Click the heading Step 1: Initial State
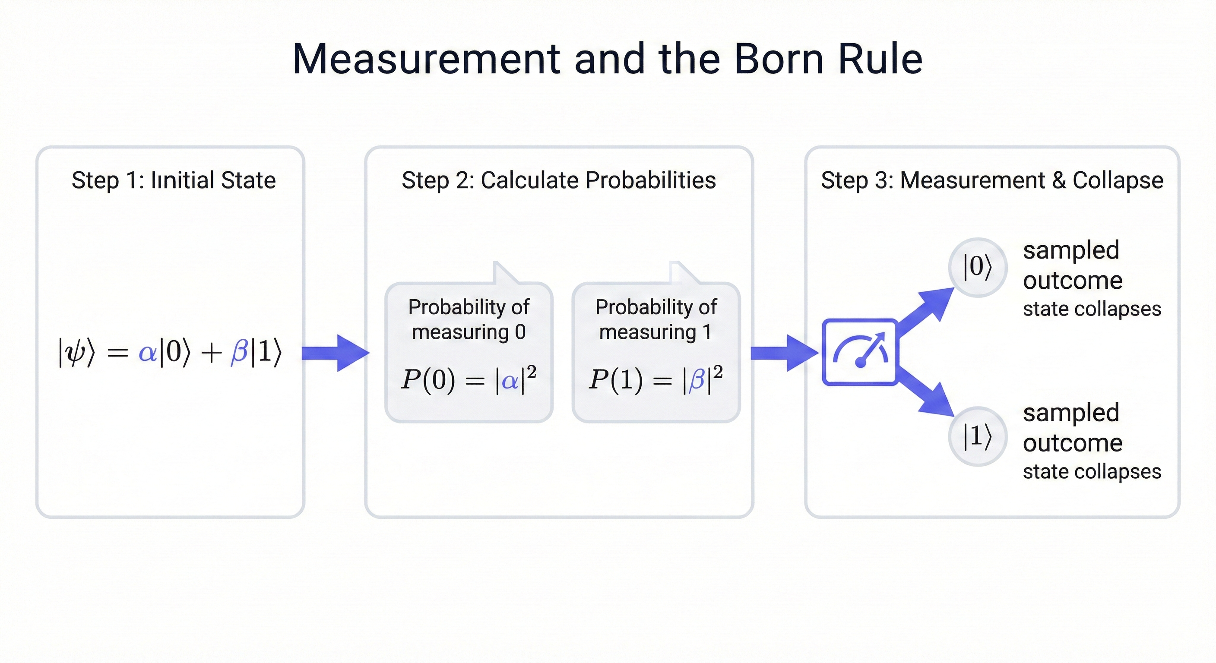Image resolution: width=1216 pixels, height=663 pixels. coord(173,180)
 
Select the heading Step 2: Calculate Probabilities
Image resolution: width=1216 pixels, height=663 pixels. coord(558,180)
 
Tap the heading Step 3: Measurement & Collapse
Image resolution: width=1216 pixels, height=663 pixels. coord(992,180)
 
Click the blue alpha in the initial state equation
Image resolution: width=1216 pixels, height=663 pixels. coord(148,352)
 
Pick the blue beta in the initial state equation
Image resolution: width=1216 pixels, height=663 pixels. coord(239,352)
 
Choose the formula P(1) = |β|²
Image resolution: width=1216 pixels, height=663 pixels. coord(655,379)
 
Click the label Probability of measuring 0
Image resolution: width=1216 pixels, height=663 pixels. coord(469,319)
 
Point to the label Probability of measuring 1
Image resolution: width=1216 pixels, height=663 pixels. coord(655,319)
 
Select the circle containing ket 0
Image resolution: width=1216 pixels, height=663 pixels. coord(978,267)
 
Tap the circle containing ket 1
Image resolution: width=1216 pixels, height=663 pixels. coord(978,436)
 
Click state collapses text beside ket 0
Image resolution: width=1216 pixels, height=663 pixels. coord(1092,309)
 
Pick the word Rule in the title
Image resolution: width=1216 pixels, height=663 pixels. coord(880,59)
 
